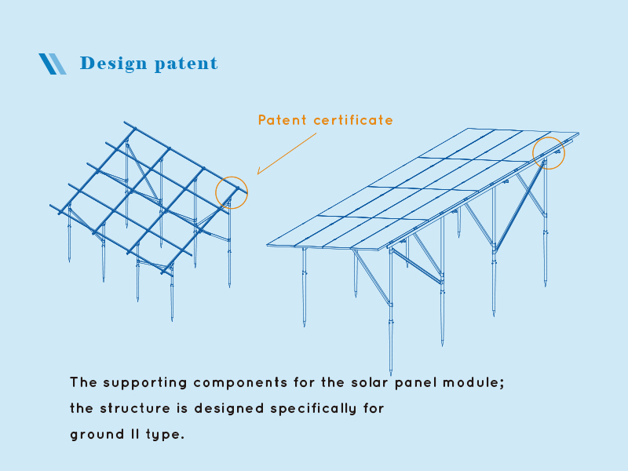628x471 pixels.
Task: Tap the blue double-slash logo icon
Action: coord(53,64)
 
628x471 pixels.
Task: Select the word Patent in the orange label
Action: coord(283,120)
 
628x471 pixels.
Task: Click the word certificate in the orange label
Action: coord(353,120)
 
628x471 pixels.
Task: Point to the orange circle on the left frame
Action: coord(232,192)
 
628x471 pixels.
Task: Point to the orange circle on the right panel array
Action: coord(549,152)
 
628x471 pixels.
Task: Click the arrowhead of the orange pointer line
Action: coord(259,173)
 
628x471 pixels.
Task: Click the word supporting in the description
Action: coord(143,383)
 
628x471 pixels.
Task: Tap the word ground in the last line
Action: coord(91,434)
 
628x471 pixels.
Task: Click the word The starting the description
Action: coord(82,383)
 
